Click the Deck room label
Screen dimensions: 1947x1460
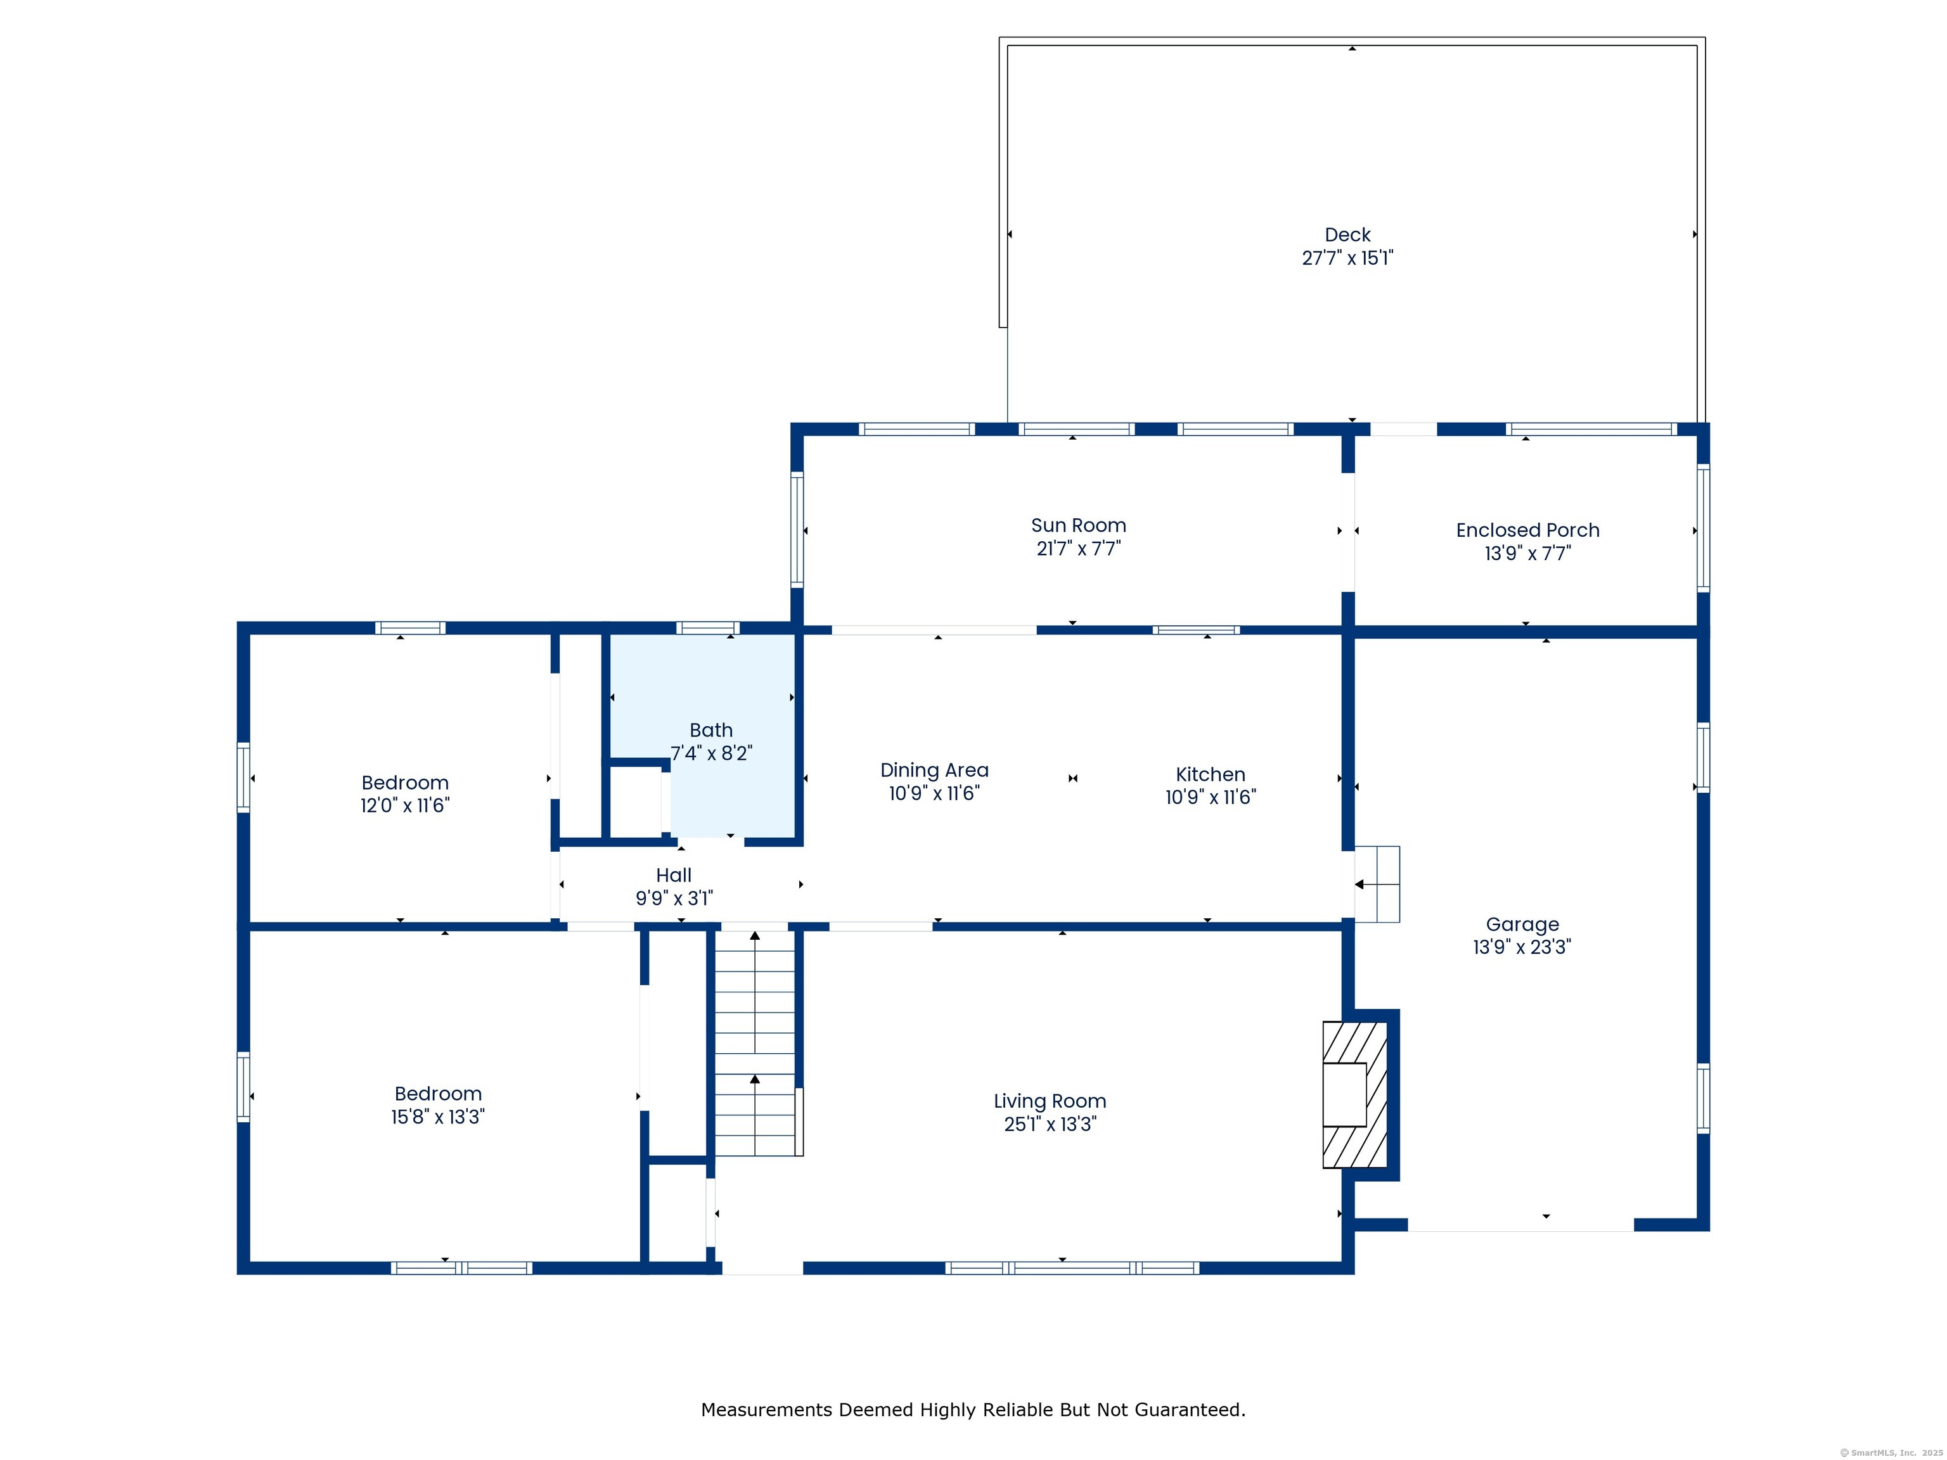click(1347, 235)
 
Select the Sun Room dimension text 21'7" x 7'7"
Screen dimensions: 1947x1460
click(1078, 548)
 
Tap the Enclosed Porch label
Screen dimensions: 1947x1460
click(1527, 530)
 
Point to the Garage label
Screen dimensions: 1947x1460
click(1522, 924)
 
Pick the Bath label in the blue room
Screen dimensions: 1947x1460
click(711, 731)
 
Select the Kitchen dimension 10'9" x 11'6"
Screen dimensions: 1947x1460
click(1211, 797)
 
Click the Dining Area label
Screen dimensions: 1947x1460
click(934, 770)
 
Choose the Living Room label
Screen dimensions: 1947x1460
click(1049, 1101)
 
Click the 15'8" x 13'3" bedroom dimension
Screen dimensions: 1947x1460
click(437, 1117)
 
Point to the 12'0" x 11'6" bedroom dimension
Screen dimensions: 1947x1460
click(405, 805)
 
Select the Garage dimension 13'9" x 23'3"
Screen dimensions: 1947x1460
click(1522, 947)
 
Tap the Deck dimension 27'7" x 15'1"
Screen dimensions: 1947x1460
click(1347, 258)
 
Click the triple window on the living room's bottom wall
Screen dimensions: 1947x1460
click(1072, 1268)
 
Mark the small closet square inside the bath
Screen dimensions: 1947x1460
click(636, 802)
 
